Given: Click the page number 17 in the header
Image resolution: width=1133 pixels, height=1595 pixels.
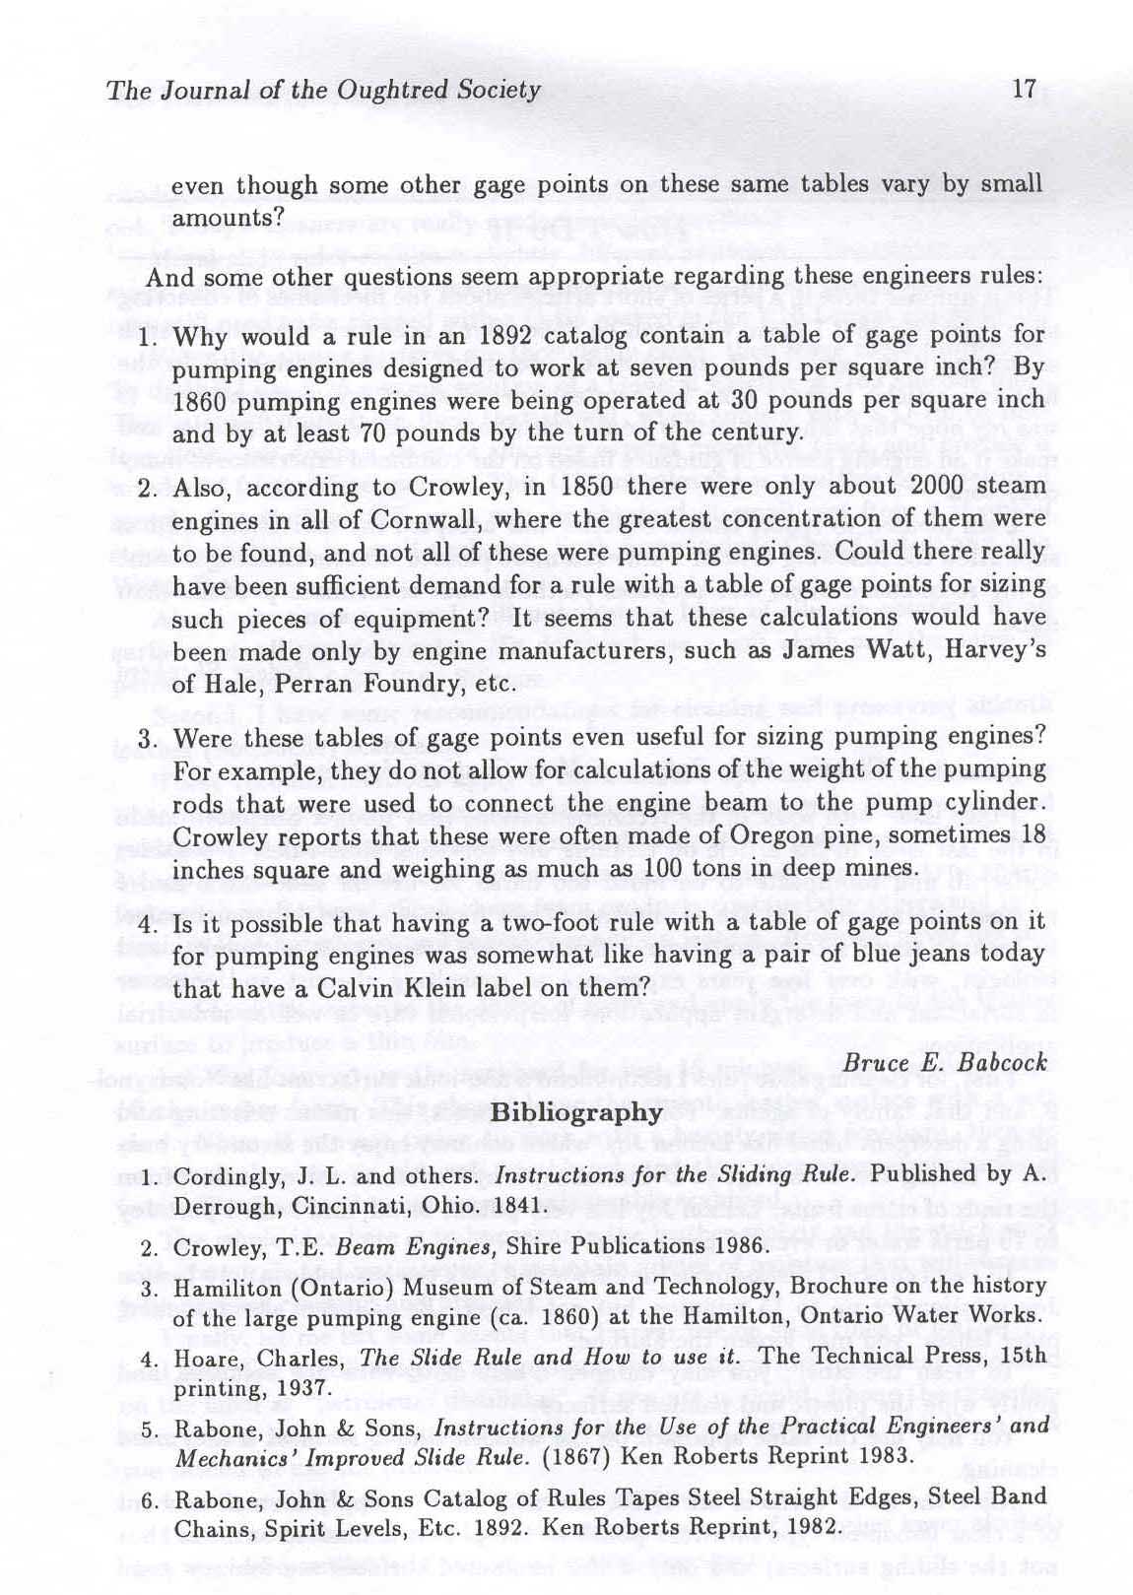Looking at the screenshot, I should [x=1024, y=91].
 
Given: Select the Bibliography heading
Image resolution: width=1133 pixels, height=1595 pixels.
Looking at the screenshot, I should [x=575, y=1112].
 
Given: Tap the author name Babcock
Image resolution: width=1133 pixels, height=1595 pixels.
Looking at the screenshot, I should [x=1003, y=1064].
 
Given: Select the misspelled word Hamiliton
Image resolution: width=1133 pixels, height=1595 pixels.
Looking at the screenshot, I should [x=225, y=1287].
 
